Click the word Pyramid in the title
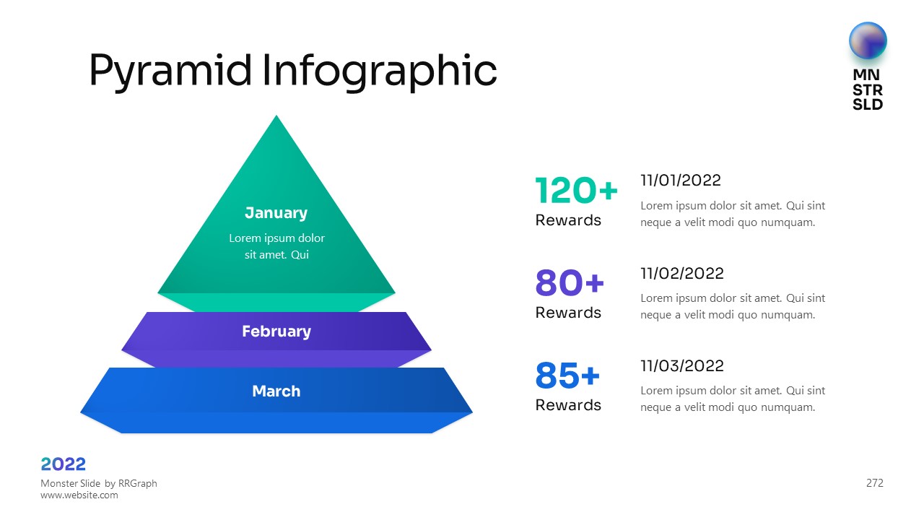click(x=170, y=71)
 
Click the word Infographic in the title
click(x=380, y=71)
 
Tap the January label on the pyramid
click(x=276, y=213)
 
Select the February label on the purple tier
click(x=276, y=331)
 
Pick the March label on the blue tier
click(x=276, y=391)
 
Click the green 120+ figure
click(x=576, y=190)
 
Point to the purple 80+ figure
click(x=570, y=282)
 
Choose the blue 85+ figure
click(x=567, y=375)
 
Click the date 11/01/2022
click(x=681, y=181)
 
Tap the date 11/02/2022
click(x=682, y=273)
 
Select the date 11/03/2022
click(x=682, y=365)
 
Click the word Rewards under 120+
click(x=568, y=220)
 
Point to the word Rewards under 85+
click(x=568, y=405)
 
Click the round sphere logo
click(x=868, y=40)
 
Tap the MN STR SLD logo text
click(x=868, y=90)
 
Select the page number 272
click(x=874, y=483)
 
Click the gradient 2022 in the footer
click(x=63, y=464)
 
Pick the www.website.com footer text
click(x=79, y=495)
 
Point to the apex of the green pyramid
click(x=276, y=116)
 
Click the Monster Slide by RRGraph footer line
click(x=99, y=483)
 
